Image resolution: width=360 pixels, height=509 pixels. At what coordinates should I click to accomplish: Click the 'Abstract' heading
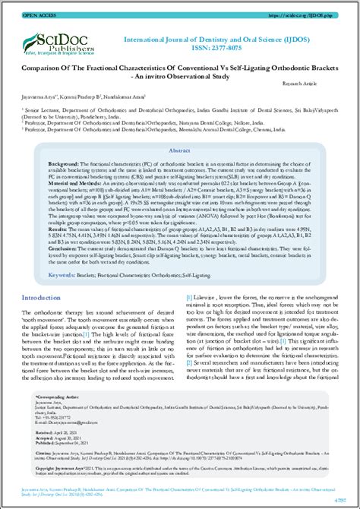[180, 151]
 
